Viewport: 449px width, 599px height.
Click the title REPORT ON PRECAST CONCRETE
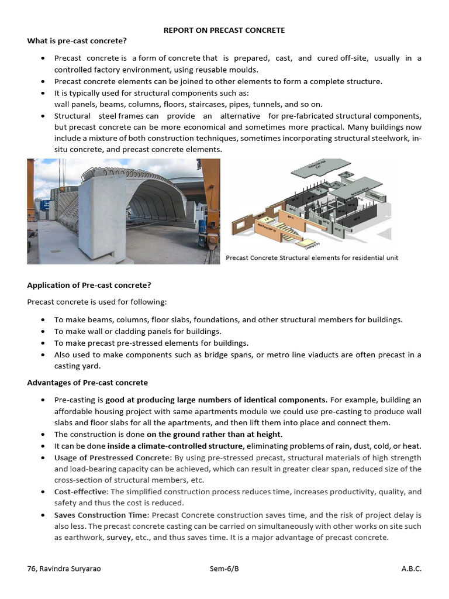tap(224, 30)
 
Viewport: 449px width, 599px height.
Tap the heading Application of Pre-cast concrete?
tap(89, 285)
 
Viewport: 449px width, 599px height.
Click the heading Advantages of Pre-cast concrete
tap(88, 383)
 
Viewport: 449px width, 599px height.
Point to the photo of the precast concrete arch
tap(123, 211)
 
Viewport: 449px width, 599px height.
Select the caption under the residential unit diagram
tap(312, 258)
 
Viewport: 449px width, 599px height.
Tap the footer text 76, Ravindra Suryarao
tap(64, 569)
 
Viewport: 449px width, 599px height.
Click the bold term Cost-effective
tap(79, 492)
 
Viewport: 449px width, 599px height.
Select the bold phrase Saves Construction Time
tap(101, 515)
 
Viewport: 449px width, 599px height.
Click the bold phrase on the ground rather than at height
tap(214, 434)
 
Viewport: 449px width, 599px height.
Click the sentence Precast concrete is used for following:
tap(97, 302)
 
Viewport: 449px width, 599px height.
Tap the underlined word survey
tap(119, 538)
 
